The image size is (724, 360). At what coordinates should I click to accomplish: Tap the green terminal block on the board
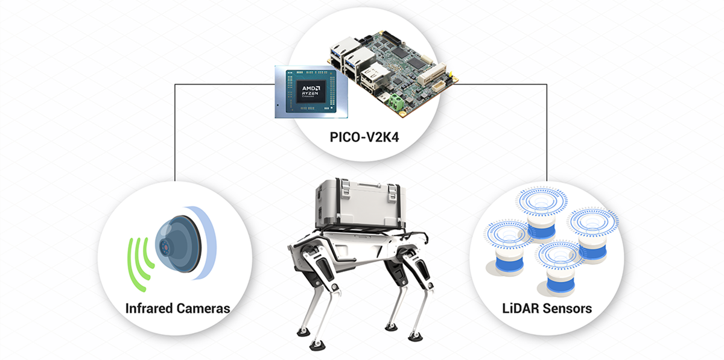coord(396,100)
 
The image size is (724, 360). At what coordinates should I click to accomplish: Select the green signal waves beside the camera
coord(138,260)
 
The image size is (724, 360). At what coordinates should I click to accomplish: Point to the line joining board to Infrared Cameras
coord(174,133)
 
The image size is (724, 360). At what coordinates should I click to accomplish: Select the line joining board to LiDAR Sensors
coord(547,133)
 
